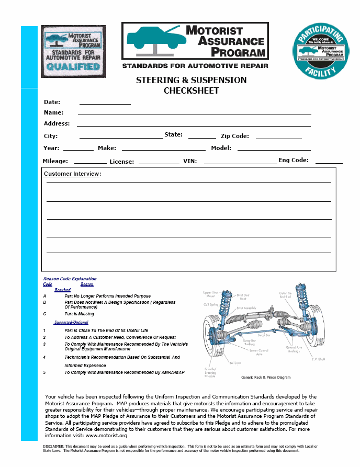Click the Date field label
click(x=52, y=102)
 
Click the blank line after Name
click(x=194, y=113)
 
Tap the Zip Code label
click(x=234, y=136)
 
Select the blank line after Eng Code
click(x=329, y=163)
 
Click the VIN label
click(x=190, y=162)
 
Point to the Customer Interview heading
click(x=72, y=174)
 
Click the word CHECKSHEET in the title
click(x=191, y=90)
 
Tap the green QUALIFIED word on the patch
click(x=73, y=67)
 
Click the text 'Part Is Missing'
click(x=79, y=314)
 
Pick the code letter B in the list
click(x=44, y=302)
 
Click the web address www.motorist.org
click(x=106, y=435)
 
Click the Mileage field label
click(x=55, y=161)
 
